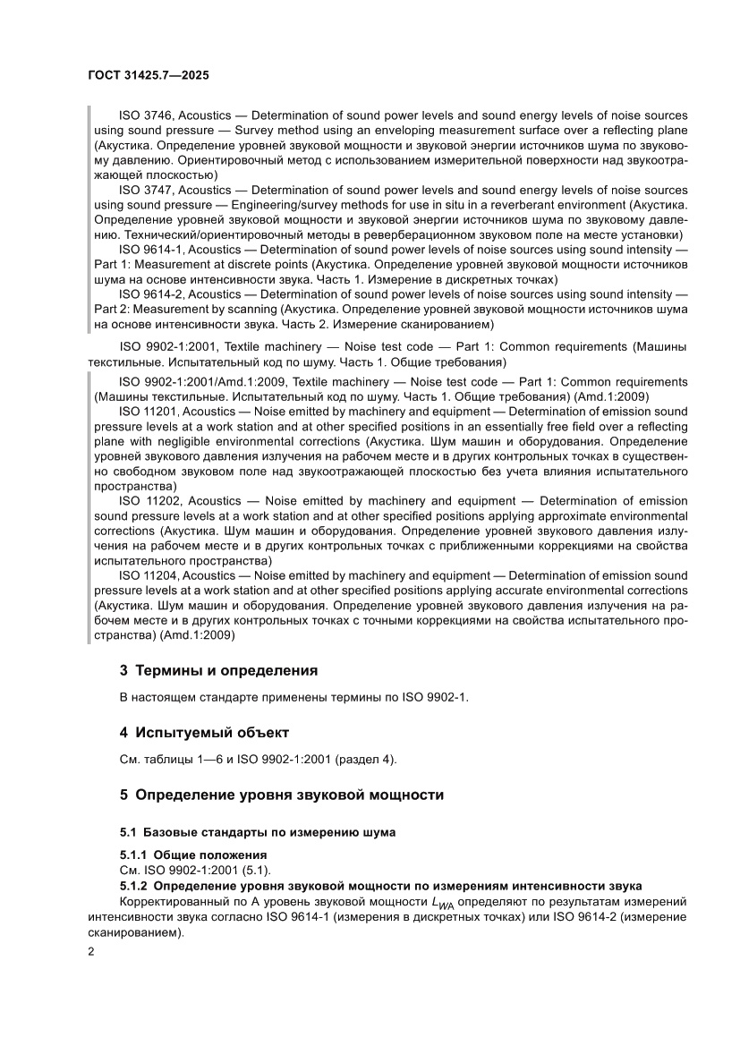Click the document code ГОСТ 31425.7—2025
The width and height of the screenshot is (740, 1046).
[149, 77]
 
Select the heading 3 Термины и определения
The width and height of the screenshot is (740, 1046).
[219, 669]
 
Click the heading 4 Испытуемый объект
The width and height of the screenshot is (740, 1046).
[204, 732]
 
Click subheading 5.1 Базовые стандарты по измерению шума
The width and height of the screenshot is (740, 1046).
[258, 832]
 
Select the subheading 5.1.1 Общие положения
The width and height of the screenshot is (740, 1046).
[193, 855]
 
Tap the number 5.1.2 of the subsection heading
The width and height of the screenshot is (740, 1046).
[137, 885]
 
